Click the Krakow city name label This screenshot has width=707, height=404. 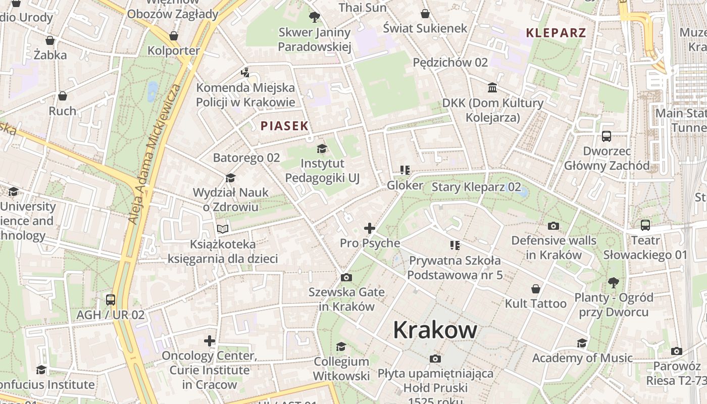[435, 330]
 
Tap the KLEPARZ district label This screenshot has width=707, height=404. [556, 33]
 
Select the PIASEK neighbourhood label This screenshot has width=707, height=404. [284, 126]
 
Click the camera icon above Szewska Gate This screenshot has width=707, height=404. [346, 277]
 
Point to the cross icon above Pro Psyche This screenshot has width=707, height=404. [370, 228]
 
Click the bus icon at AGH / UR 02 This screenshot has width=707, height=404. [111, 300]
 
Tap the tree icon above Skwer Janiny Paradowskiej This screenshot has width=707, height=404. [315, 17]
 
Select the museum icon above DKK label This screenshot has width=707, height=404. [492, 88]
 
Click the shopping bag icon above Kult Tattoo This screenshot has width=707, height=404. [536, 289]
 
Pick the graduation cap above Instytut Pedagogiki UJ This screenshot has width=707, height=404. [322, 148]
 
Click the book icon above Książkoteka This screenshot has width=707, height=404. [223, 229]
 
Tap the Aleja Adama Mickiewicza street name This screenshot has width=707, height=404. [155, 154]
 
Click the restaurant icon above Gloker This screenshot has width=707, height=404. [405, 170]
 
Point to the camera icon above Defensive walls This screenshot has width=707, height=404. [553, 226]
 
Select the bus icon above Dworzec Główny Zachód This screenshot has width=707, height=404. [607, 136]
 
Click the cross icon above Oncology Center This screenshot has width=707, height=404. [210, 341]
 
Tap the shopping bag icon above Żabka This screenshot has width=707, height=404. [50, 40]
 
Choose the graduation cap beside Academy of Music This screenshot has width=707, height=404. [582, 343]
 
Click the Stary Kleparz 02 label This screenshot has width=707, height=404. [476, 187]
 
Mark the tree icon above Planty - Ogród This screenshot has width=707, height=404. [614, 282]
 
